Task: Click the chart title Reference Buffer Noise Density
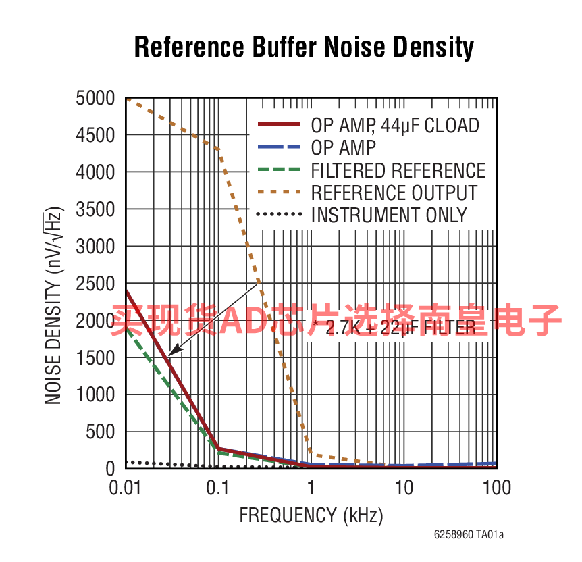[304, 48]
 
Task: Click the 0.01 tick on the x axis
[126, 487]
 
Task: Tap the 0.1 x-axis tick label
[218, 487]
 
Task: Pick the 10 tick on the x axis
[404, 487]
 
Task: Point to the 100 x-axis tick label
[496, 487]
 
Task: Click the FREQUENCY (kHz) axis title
[311, 516]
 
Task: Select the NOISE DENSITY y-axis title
[54, 307]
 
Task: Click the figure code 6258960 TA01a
[469, 535]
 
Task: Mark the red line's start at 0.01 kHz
[126, 291]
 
